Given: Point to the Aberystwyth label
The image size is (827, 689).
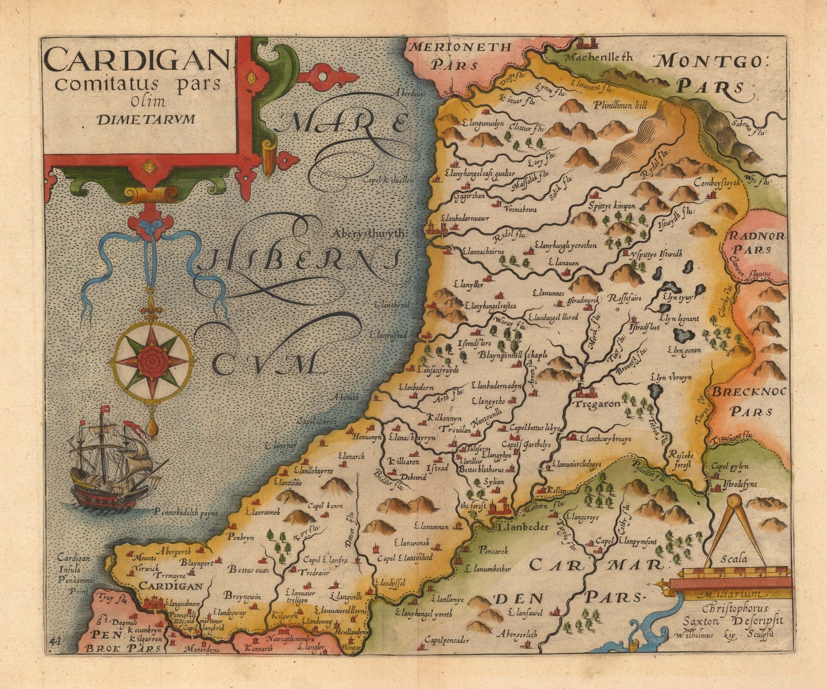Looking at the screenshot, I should click(369, 234).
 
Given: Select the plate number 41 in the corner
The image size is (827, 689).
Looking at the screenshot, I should click(56, 641).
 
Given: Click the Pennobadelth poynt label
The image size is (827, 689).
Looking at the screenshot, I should click(187, 513).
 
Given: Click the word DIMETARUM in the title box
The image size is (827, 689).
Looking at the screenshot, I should click(146, 119).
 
